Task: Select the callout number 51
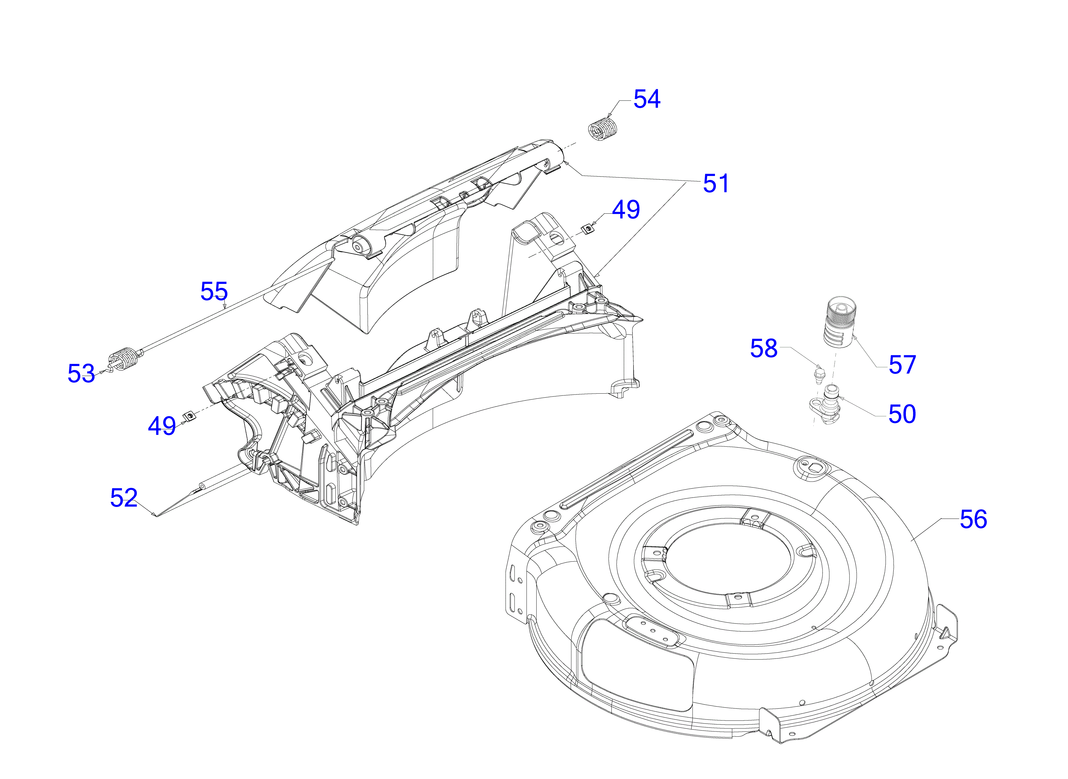[x=716, y=183]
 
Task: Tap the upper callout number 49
[x=626, y=209]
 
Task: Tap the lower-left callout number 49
[x=162, y=426]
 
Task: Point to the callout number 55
[x=214, y=292]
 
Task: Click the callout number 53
[x=81, y=373]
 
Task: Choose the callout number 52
[x=124, y=498]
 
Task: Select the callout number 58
[x=763, y=349]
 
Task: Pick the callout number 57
[x=902, y=365]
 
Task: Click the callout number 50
[x=902, y=414]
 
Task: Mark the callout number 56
[x=973, y=519]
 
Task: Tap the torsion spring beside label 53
[x=124, y=360]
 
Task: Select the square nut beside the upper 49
[x=587, y=229]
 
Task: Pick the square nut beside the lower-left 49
[x=189, y=416]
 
